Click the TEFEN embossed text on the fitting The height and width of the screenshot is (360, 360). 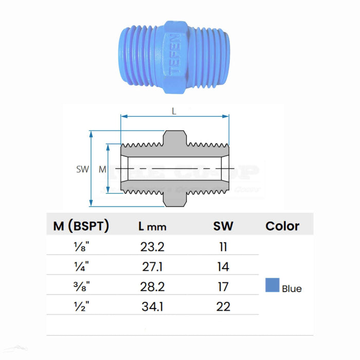[x=175, y=56]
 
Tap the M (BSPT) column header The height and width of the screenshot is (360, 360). [x=81, y=226]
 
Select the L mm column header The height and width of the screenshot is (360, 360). [x=153, y=226]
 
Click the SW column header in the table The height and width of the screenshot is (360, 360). [x=223, y=226]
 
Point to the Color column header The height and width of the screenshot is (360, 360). [x=282, y=226]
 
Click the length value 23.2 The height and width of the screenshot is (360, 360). [x=152, y=247]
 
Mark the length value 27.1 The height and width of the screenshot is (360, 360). [x=152, y=267]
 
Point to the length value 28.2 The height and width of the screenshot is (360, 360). [x=152, y=287]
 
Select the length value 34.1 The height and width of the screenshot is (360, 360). [x=152, y=307]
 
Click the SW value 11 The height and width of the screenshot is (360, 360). [x=223, y=247]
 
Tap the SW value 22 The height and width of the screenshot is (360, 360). [x=223, y=307]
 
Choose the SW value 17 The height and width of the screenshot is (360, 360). [x=223, y=287]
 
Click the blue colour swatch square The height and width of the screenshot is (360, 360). [x=272, y=285]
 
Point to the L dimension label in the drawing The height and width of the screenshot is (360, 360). [x=174, y=111]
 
